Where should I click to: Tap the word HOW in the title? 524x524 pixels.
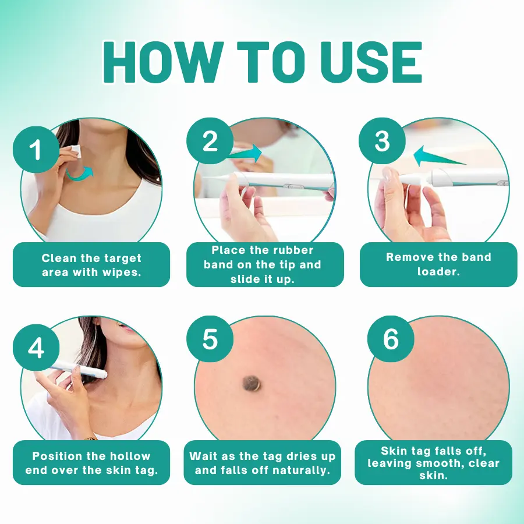click(163, 62)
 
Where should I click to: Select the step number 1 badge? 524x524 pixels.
click(36, 150)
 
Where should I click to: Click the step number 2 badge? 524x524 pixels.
click(210, 141)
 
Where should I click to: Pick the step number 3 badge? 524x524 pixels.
click(383, 141)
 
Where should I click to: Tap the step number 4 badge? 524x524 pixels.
click(36, 348)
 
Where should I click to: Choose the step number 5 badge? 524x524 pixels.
click(210, 339)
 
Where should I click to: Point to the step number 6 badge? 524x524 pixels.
click(391, 339)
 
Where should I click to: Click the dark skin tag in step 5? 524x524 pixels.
click(252, 383)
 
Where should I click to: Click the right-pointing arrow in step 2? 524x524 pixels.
click(246, 153)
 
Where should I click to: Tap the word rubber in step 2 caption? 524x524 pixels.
click(293, 250)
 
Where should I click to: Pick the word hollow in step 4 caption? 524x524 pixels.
click(130, 456)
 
